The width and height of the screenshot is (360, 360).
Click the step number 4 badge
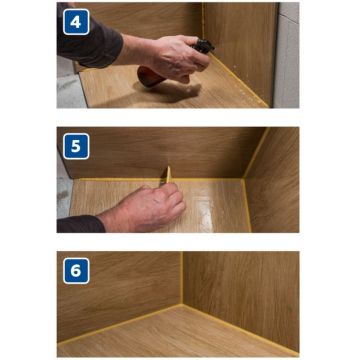coord(76,22)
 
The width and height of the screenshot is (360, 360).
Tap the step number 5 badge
coord(76,146)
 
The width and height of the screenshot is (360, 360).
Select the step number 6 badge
coord(76,271)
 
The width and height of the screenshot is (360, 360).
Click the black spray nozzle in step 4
coord(203,47)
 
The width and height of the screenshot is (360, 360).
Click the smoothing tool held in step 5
coord(167,175)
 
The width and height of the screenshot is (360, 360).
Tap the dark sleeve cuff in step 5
coord(81,224)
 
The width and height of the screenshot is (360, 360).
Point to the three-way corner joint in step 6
coord(182,304)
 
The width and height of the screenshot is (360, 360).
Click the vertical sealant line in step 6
coord(182,278)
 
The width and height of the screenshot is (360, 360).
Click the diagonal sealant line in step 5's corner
coord(256,153)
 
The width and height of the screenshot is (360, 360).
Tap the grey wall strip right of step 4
coord(287,55)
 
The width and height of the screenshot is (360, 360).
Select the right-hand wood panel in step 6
coord(241,293)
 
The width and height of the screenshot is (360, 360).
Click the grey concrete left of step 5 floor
coord(63,197)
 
